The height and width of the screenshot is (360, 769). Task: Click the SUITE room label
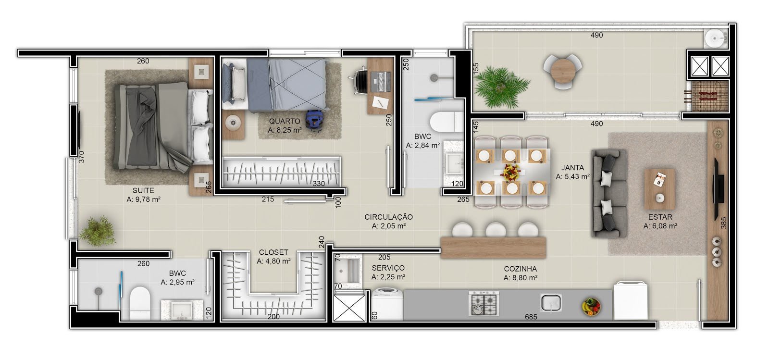(x=143, y=190)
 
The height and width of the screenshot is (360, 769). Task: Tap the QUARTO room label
(x=285, y=121)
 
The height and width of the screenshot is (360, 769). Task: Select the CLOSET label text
(x=273, y=252)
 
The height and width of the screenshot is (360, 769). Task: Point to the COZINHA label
(x=520, y=269)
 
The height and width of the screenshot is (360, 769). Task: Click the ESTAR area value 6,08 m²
(x=660, y=226)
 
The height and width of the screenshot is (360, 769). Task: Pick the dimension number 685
(x=531, y=317)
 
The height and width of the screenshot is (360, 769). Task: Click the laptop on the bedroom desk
(x=380, y=82)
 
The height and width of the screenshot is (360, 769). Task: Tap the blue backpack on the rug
(x=313, y=119)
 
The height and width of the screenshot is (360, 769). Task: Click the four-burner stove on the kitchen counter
(x=484, y=303)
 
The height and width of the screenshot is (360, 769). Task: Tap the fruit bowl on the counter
(x=591, y=307)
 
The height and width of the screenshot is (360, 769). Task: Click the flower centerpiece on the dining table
(x=511, y=171)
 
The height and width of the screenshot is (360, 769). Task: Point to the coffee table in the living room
(x=659, y=189)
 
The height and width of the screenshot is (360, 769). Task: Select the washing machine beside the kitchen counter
(x=387, y=304)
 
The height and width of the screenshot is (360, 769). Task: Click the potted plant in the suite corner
(x=97, y=231)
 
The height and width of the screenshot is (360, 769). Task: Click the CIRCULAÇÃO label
(x=389, y=217)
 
